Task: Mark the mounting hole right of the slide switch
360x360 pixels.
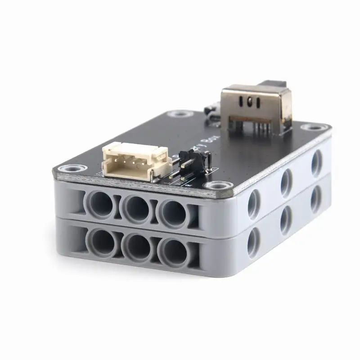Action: pos(320,128)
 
